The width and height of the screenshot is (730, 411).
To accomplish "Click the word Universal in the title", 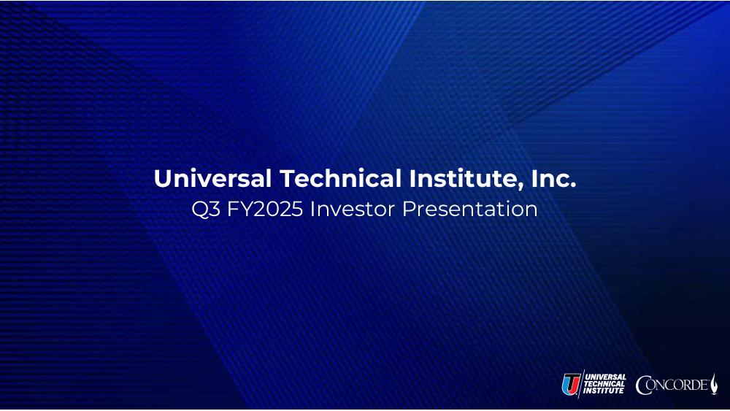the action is pyautogui.click(x=212, y=179).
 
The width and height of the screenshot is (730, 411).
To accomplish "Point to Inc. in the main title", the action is pyautogui.click(x=553, y=179).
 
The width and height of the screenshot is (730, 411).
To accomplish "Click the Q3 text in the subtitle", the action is pyautogui.click(x=206, y=209).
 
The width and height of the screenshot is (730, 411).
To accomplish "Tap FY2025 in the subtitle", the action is pyautogui.click(x=265, y=209).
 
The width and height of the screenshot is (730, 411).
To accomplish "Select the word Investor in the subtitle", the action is pyautogui.click(x=353, y=209).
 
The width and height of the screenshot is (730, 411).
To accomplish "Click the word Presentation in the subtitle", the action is pyautogui.click(x=469, y=209).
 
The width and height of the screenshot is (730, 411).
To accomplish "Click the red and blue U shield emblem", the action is pyautogui.click(x=571, y=385).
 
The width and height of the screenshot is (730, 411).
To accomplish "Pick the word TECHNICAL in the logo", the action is pyautogui.click(x=604, y=384).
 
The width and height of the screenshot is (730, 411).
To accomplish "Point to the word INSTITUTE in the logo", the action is pyautogui.click(x=604, y=391).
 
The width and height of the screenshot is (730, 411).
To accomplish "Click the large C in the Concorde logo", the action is pyautogui.click(x=644, y=385).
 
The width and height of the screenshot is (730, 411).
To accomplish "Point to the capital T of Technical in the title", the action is pyautogui.click(x=288, y=179).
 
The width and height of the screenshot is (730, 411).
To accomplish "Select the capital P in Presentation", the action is pyautogui.click(x=408, y=209).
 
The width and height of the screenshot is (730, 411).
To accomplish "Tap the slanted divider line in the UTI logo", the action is pyautogui.click(x=581, y=384).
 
